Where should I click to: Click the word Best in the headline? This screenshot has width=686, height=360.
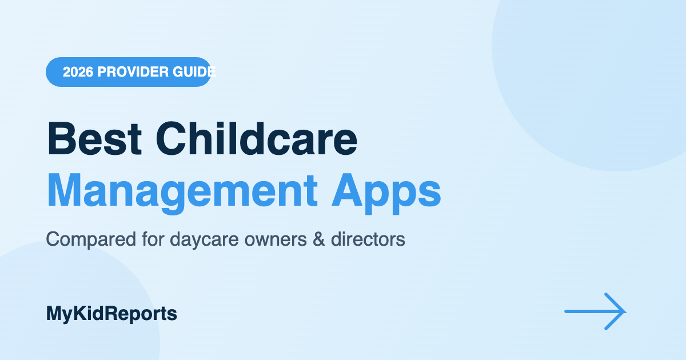click(x=94, y=139)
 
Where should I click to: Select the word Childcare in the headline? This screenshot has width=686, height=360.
click(x=257, y=139)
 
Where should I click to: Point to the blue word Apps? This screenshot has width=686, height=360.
click(x=386, y=194)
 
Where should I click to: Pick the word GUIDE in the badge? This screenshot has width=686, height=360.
click(x=194, y=72)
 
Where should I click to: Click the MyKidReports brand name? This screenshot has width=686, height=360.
click(x=111, y=314)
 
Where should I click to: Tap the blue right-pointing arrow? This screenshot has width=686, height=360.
click(x=595, y=311)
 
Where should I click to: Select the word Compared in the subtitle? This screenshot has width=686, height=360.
click(x=91, y=239)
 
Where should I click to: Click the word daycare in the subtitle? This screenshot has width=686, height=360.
click(x=204, y=239)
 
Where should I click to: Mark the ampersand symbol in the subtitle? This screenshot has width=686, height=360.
click(x=319, y=239)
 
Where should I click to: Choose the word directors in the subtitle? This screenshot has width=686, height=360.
click(x=368, y=239)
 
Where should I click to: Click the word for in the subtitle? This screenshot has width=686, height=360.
click(x=153, y=239)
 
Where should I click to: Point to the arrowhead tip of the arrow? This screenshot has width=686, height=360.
click(x=627, y=311)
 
